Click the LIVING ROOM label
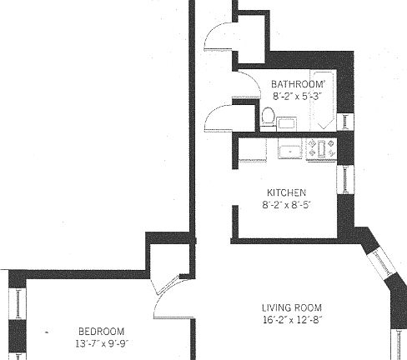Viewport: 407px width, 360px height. (291, 307)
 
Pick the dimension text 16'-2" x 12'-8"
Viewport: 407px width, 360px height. (291, 319)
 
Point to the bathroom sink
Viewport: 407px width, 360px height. (287, 123)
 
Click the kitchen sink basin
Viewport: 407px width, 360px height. (289, 151)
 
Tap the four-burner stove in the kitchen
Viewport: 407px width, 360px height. (321, 150)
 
